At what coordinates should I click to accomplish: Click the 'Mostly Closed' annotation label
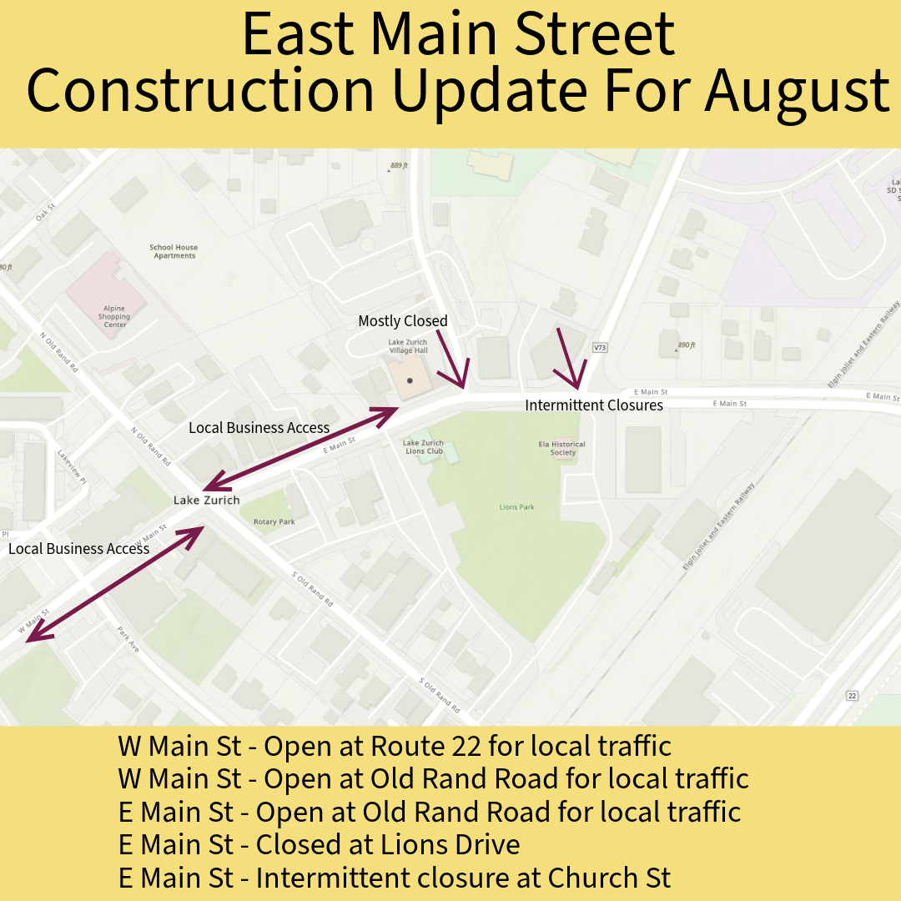pos(403,321)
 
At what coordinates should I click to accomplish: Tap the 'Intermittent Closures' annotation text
pos(594,405)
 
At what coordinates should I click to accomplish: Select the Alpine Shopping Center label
pos(114,316)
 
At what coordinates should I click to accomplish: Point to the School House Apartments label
pos(174,251)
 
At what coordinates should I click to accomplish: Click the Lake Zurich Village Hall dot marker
pos(410,380)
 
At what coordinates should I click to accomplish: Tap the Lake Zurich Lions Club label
pos(423,447)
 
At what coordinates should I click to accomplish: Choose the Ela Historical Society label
pos(562,448)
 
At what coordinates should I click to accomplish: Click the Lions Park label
pos(516,507)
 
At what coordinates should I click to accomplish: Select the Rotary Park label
pos(274,522)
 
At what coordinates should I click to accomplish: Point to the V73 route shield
pos(598,346)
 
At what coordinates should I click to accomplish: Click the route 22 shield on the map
pos(852,696)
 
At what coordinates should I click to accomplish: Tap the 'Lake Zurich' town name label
pos(206,501)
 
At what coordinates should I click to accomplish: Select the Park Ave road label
pos(128,639)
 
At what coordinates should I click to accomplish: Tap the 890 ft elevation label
pos(687,345)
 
